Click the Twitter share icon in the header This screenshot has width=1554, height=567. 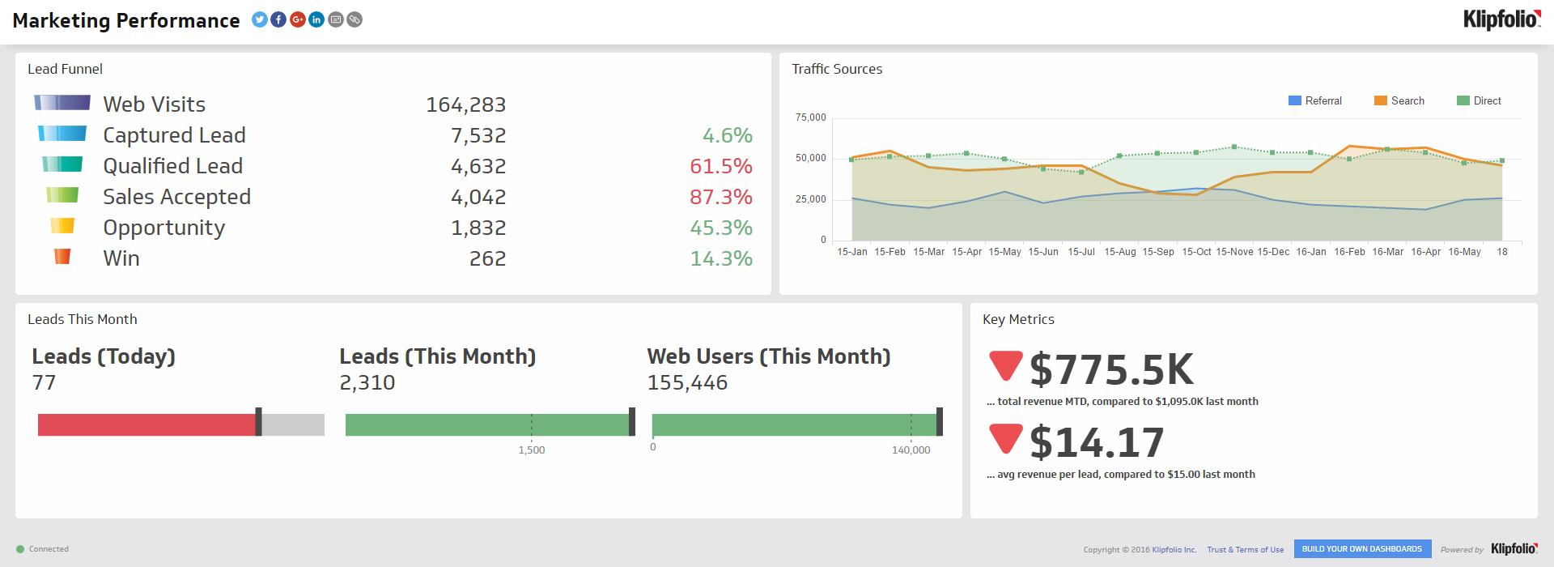tap(259, 19)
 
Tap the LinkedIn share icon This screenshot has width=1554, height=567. tap(316, 19)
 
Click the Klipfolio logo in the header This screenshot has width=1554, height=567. tap(1501, 19)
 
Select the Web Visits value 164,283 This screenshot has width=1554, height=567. tap(465, 105)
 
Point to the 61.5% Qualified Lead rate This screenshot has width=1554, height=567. tap(720, 167)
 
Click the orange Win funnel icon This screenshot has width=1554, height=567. tap(62, 257)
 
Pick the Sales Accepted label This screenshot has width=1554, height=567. tap(176, 197)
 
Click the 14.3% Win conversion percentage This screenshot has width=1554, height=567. tap(720, 259)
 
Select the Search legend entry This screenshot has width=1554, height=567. tap(1399, 100)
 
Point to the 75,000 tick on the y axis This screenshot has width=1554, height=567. tap(810, 117)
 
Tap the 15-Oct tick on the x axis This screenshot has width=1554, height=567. tap(1196, 252)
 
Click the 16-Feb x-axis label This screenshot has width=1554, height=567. tap(1349, 252)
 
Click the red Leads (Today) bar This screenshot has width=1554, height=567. tap(146, 424)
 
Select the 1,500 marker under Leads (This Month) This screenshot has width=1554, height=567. tap(532, 450)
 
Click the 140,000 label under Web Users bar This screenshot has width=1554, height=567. tap(911, 450)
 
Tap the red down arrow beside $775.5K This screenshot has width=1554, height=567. tap(1006, 365)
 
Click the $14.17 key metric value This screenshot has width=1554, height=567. tap(1097, 443)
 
